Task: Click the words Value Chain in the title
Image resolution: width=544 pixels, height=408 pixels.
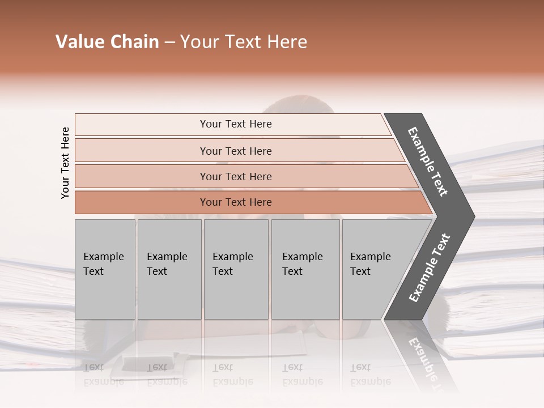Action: tap(107, 42)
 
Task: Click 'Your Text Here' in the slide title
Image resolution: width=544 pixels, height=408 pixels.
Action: tap(244, 42)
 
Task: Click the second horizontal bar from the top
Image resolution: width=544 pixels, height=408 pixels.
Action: tap(236, 151)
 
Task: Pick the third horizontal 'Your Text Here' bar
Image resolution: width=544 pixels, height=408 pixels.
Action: tap(236, 176)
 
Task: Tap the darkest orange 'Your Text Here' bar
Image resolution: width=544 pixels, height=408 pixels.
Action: tap(236, 202)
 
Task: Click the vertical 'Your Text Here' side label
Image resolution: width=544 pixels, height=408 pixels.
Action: tap(65, 163)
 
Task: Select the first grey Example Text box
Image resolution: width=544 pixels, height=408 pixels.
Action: tap(105, 269)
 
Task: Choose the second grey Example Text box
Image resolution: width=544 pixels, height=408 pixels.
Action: tap(169, 269)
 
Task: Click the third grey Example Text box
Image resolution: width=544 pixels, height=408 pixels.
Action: tap(236, 269)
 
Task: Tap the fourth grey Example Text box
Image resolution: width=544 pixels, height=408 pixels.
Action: tap(305, 269)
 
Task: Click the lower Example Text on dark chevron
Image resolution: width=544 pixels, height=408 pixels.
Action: tap(429, 268)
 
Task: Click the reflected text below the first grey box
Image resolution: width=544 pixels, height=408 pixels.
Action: tap(103, 374)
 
